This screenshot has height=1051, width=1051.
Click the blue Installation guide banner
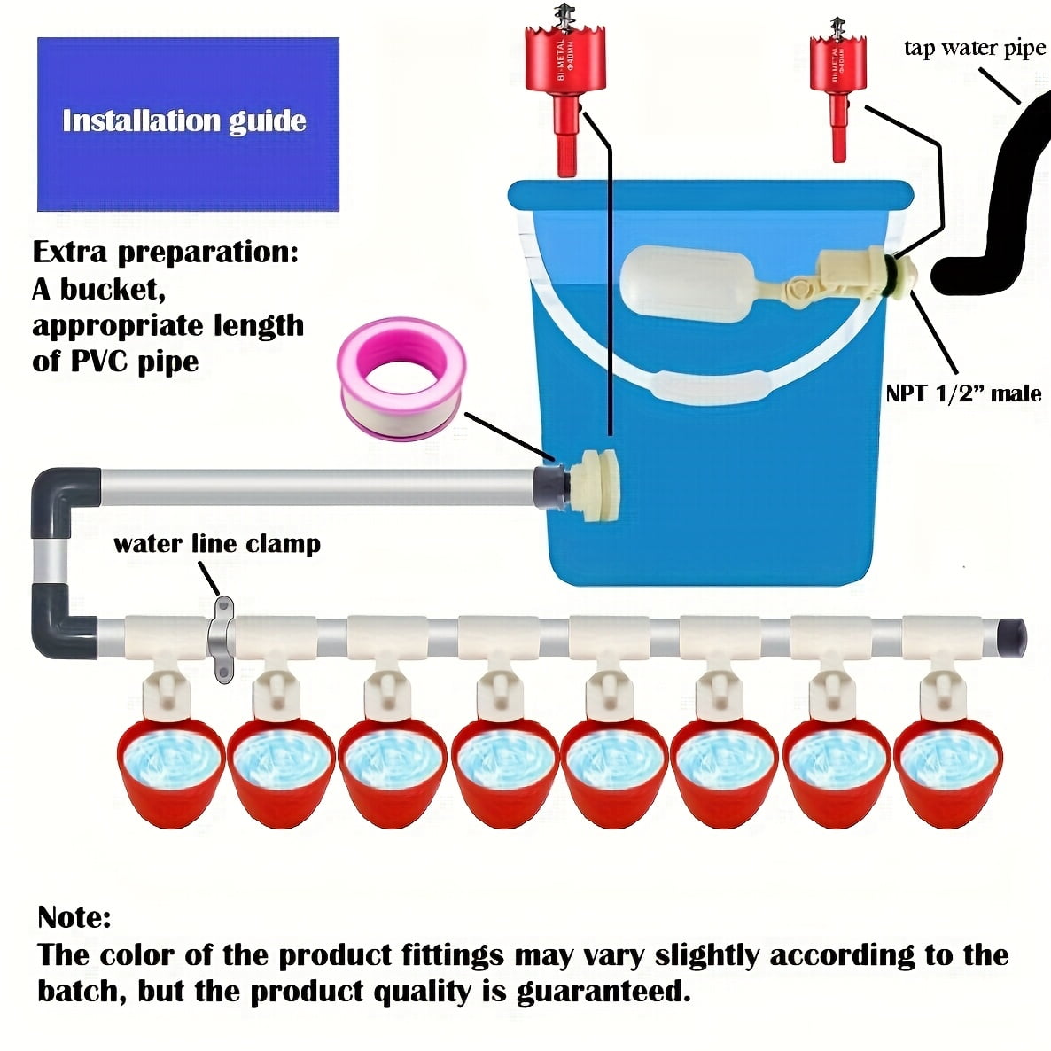click(x=188, y=123)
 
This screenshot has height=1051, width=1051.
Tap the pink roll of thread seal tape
click(x=401, y=378)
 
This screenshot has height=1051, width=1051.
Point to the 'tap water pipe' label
click(x=974, y=49)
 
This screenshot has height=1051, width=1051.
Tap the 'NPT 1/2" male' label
click(x=963, y=393)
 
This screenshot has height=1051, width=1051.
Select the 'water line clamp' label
click(x=217, y=543)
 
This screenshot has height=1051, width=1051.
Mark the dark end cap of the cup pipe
click(x=1014, y=634)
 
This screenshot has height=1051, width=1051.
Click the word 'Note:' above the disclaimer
click(x=74, y=916)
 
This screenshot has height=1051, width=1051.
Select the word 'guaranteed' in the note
click(x=603, y=991)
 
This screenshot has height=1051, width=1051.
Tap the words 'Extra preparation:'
click(x=166, y=252)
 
